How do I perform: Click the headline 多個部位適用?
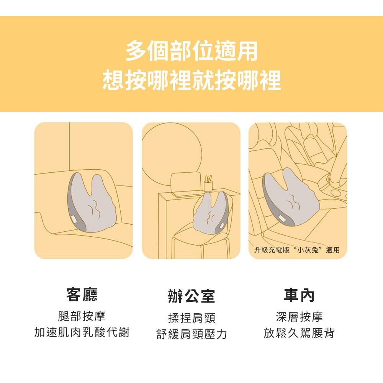pyautogui.click(x=191, y=51)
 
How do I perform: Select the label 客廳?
pyautogui.click(x=82, y=294)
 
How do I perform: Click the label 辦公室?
pyautogui.click(x=191, y=296)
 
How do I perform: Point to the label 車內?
pyautogui.click(x=299, y=295)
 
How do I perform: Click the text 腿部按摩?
pyautogui.click(x=82, y=316)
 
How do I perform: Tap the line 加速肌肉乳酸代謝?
pyautogui.click(x=82, y=332)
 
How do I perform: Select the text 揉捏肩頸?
pyautogui.click(x=192, y=318)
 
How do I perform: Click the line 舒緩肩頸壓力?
pyautogui.click(x=192, y=334)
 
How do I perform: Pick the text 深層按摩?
pyautogui.click(x=300, y=317)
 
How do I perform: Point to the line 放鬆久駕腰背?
pyautogui.click(x=299, y=333)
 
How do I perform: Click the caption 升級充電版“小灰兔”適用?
pyautogui.click(x=297, y=250)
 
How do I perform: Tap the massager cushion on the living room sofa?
pyautogui.click(x=92, y=203)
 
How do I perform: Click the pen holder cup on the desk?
pyautogui.click(x=208, y=185)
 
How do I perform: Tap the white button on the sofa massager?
pyautogui.click(x=74, y=219)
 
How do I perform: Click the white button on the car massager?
pyautogui.click(x=281, y=218)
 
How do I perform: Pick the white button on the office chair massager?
pyautogui.click(x=223, y=226)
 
